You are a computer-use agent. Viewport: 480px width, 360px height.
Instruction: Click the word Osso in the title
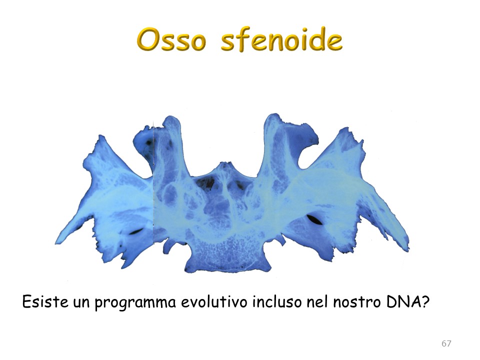point(171,40)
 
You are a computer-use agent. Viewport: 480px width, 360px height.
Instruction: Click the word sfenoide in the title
point(281,40)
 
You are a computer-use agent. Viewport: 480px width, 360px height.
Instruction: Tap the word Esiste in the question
point(45,302)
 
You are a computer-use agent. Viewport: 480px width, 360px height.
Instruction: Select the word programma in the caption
point(135,303)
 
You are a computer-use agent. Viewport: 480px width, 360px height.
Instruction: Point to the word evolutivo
point(214,302)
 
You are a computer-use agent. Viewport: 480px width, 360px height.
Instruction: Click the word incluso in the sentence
point(277,302)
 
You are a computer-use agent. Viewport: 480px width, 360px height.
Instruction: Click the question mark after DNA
point(423,302)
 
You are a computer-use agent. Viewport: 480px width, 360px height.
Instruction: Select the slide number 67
point(446,343)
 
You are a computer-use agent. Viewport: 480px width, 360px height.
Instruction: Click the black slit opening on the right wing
point(314,219)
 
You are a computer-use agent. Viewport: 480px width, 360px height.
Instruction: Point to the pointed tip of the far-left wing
point(56,243)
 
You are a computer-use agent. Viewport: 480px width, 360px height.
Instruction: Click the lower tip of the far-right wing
point(407,250)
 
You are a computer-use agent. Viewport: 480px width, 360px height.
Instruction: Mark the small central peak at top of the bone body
point(225,164)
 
